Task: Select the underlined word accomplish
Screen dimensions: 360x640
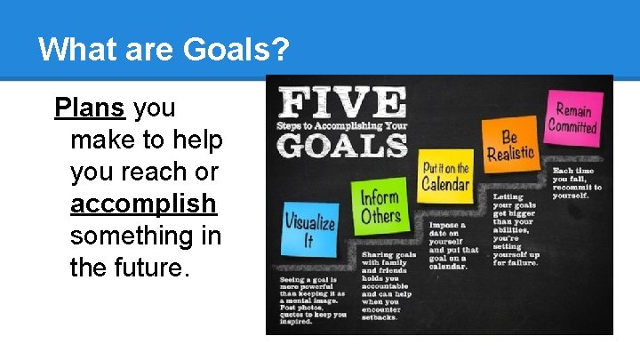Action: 143,204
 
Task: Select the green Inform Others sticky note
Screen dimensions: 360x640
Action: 379,206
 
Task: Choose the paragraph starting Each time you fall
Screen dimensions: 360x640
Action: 576,182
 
